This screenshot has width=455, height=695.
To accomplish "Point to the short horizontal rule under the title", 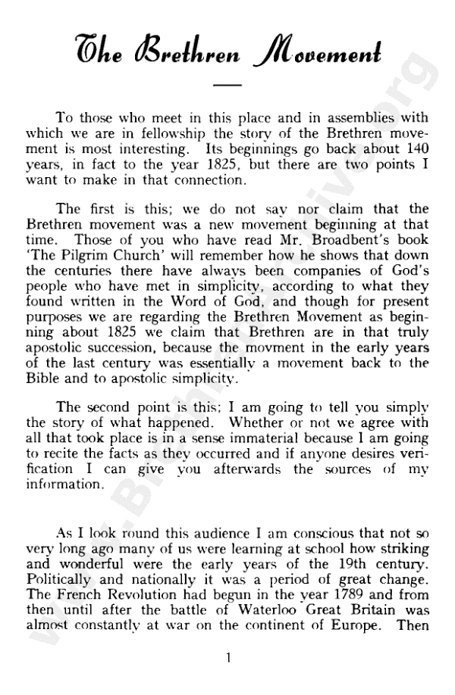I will [227, 86].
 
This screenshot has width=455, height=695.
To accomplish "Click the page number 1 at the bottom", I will [228, 657].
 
